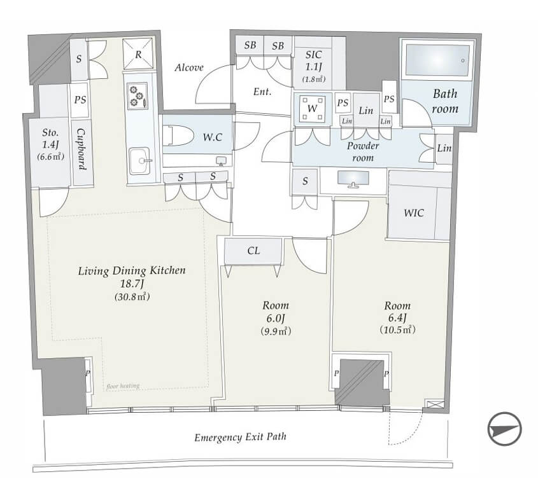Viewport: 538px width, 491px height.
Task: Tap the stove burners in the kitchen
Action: pyautogui.click(x=138, y=96)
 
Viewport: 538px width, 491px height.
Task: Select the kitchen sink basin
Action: pyautogui.click(x=140, y=161)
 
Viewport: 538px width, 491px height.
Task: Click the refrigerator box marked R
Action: pyautogui.click(x=138, y=54)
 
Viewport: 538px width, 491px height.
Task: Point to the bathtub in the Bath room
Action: pyautogui.click(x=438, y=60)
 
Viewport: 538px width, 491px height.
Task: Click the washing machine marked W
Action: pyautogui.click(x=312, y=109)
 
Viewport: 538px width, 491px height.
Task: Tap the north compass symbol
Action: pyautogui.click(x=504, y=429)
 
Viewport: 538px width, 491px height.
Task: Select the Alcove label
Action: pyautogui.click(x=189, y=67)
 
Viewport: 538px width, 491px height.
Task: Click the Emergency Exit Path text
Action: pyautogui.click(x=240, y=437)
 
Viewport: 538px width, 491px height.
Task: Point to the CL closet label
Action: pyautogui.click(x=253, y=251)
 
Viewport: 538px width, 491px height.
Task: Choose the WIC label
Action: pyautogui.click(x=414, y=213)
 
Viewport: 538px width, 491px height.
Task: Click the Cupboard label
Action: pyautogui.click(x=81, y=149)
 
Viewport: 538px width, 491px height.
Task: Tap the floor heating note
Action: pyautogui.click(x=123, y=386)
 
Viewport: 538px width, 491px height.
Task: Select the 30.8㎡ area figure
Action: pyautogui.click(x=132, y=296)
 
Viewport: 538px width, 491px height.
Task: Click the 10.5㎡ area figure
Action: pyautogui.click(x=398, y=329)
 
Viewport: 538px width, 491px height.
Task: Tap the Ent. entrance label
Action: pyautogui.click(x=262, y=92)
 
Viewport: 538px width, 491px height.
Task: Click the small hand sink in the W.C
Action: pyautogui.click(x=221, y=161)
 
